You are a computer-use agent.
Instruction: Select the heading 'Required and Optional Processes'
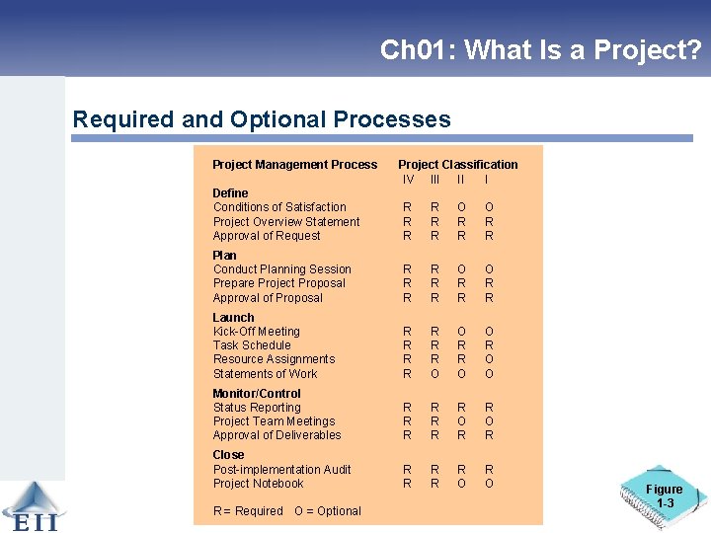(262, 120)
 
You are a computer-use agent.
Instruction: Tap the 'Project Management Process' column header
(294, 165)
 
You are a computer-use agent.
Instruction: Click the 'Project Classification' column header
(457, 165)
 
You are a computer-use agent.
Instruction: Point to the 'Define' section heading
(230, 193)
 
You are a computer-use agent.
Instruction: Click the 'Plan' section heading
(224, 256)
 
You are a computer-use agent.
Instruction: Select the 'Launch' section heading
(233, 318)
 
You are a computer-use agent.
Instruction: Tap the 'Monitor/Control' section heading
(257, 394)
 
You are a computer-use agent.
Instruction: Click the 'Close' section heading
(228, 455)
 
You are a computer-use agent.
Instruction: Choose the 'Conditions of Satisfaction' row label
(279, 207)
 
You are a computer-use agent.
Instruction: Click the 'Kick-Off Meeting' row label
(256, 332)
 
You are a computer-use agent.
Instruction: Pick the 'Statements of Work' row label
(265, 374)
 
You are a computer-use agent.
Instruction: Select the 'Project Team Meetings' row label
(274, 421)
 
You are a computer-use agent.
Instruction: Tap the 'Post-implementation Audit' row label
(281, 470)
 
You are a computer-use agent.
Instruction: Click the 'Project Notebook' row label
(258, 484)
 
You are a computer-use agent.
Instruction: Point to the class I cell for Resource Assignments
(486, 359)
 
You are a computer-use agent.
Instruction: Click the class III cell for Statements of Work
(434, 374)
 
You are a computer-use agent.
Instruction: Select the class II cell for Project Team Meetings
(460, 421)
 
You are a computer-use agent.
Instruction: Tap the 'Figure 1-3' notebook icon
(662, 495)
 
